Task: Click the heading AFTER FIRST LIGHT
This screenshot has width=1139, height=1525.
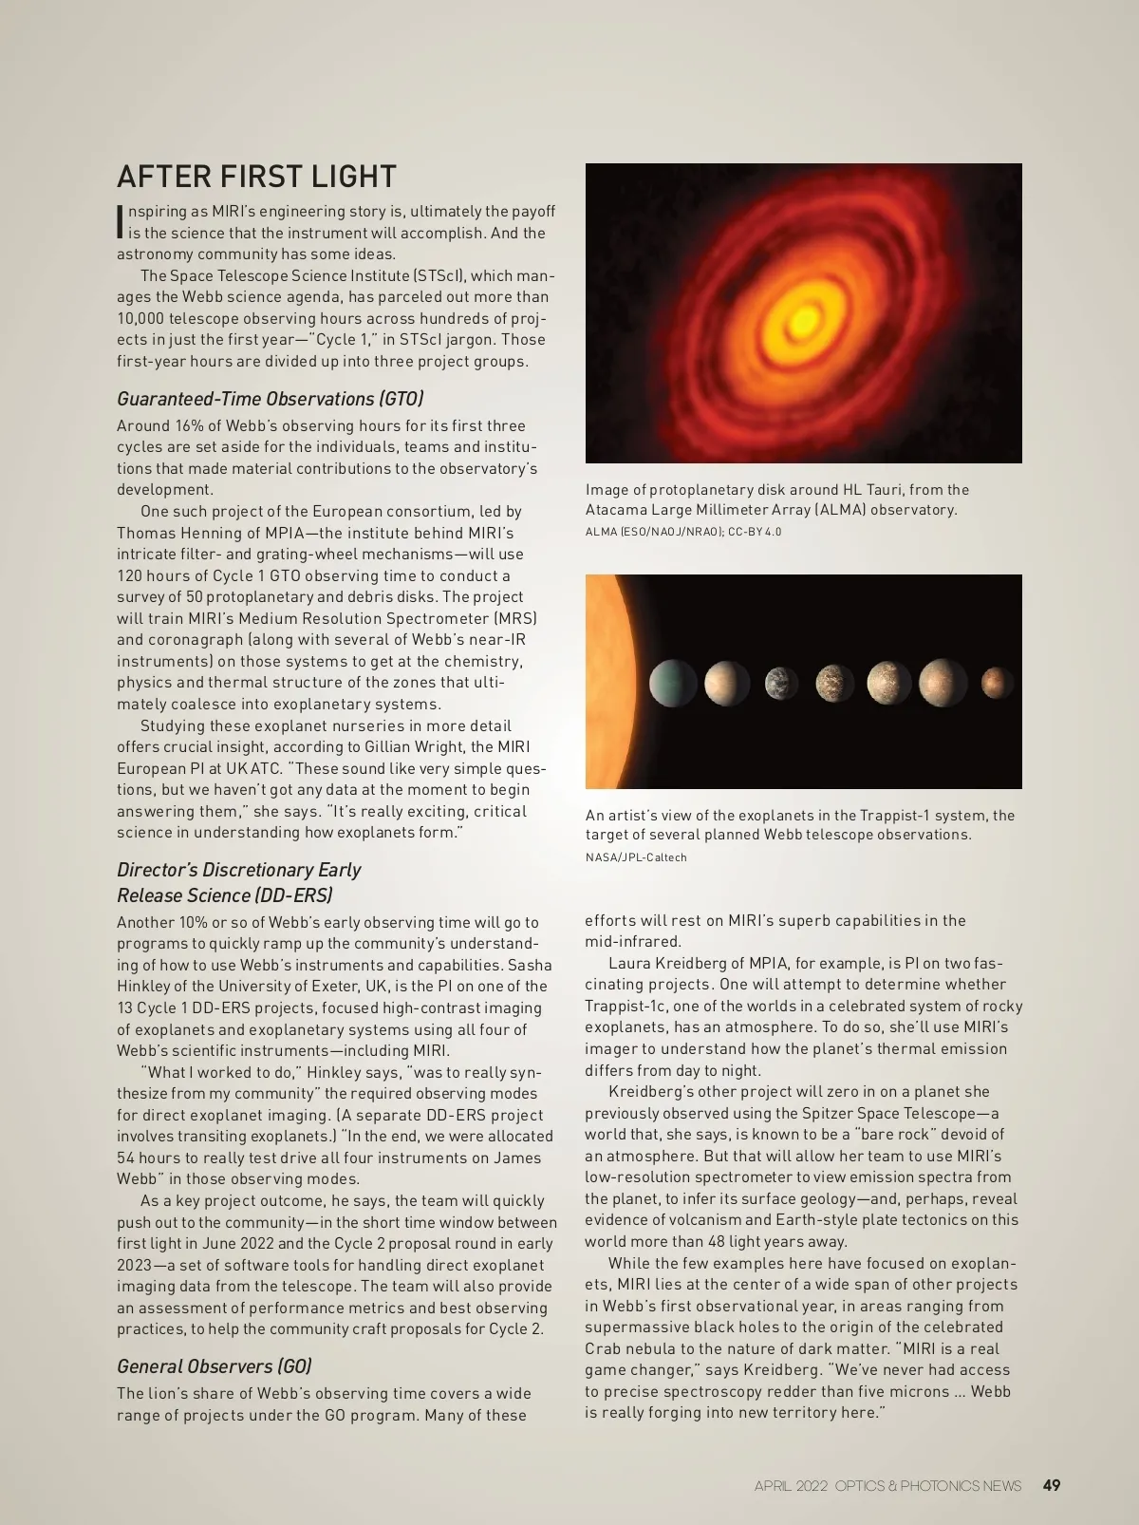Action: [x=256, y=177]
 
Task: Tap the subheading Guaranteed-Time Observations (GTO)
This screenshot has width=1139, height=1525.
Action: [x=270, y=399]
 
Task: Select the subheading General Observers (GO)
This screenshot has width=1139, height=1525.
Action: [x=214, y=1366]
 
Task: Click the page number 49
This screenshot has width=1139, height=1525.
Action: [x=1051, y=1485]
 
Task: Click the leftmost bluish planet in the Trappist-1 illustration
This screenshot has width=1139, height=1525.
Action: [x=673, y=683]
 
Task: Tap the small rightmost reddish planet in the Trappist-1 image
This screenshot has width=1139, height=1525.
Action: [x=997, y=682]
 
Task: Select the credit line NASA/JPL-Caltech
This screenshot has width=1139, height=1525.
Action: [x=636, y=857]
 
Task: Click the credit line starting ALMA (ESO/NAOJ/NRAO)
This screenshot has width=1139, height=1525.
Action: [x=683, y=532]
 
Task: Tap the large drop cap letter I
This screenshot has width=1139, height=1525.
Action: [x=121, y=222]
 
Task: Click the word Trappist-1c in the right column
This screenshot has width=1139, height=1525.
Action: [x=626, y=1006]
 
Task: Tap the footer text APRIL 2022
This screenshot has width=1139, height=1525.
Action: [x=791, y=1486]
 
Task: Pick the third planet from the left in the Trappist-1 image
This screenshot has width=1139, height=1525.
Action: [x=782, y=683]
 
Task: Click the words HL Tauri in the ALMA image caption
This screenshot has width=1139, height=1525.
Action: [x=872, y=490]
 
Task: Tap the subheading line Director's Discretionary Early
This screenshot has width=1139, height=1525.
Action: [x=238, y=870]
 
